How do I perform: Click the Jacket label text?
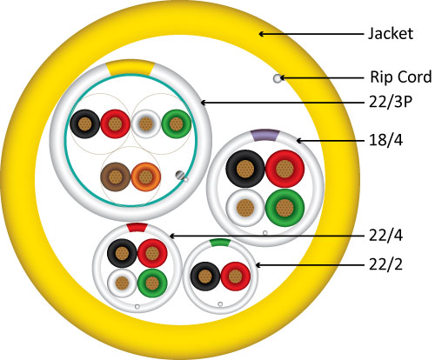click(x=391, y=34)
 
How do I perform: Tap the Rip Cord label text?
click(x=401, y=77)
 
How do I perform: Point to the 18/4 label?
click(x=385, y=140)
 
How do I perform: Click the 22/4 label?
click(x=385, y=236)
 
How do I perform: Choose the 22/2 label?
click(x=385, y=264)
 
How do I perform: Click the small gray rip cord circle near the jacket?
click(x=278, y=78)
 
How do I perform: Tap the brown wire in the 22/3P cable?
click(x=116, y=177)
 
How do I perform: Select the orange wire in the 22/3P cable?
click(x=146, y=177)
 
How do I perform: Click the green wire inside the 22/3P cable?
click(x=176, y=123)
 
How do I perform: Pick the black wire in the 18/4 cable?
click(x=245, y=169)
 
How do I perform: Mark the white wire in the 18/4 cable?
click(x=245, y=208)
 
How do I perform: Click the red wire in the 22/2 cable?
click(x=236, y=277)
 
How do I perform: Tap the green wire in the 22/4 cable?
click(x=152, y=283)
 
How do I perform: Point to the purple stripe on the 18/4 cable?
click(x=265, y=135)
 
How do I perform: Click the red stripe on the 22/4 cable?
click(x=137, y=227)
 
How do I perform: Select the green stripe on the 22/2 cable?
click(x=220, y=243)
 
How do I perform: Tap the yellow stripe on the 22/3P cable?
click(x=130, y=68)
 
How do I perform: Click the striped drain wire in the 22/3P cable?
click(x=180, y=175)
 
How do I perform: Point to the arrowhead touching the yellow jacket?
click(x=262, y=34)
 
